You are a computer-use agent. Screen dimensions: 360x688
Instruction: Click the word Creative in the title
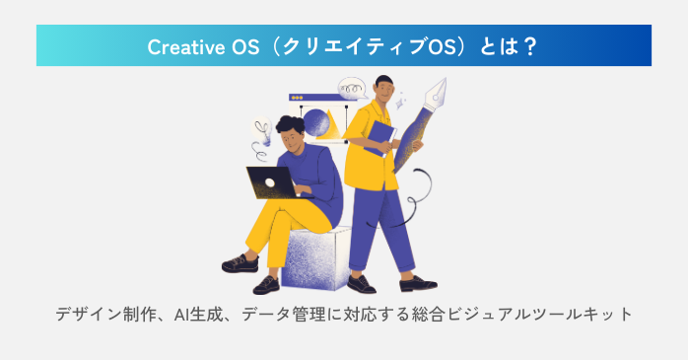click(181, 46)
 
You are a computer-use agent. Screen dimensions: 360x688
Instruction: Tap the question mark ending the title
click(530, 46)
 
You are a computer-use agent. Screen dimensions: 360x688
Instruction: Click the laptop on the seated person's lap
click(269, 182)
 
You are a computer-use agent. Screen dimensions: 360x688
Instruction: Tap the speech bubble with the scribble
click(351, 90)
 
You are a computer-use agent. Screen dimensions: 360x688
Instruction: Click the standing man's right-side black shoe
click(418, 283)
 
